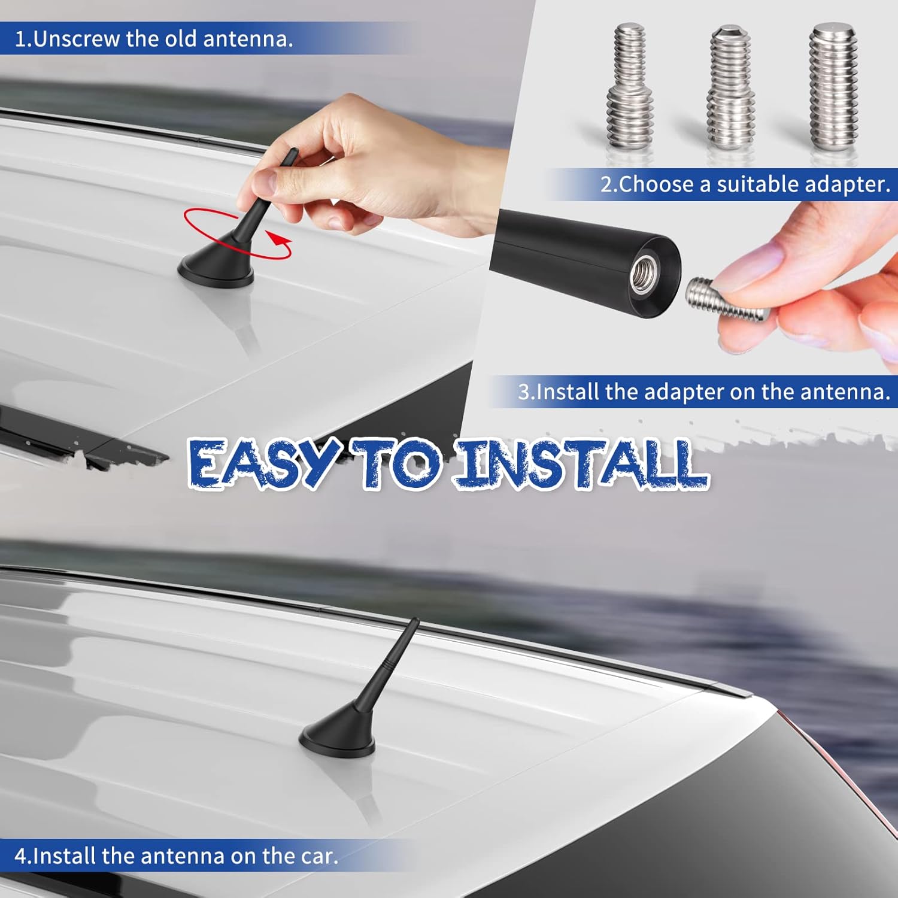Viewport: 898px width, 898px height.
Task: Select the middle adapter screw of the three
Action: point(730,89)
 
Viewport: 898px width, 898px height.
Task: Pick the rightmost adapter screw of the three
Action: point(833,87)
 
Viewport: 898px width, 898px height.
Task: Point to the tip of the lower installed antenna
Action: point(415,621)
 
